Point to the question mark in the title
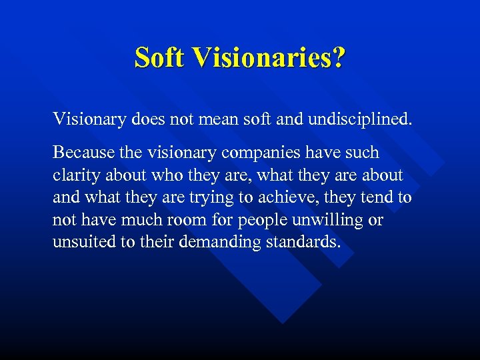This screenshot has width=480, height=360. tap(339, 57)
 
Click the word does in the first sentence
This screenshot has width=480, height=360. tap(151, 120)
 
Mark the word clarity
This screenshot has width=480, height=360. tap(75, 176)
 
